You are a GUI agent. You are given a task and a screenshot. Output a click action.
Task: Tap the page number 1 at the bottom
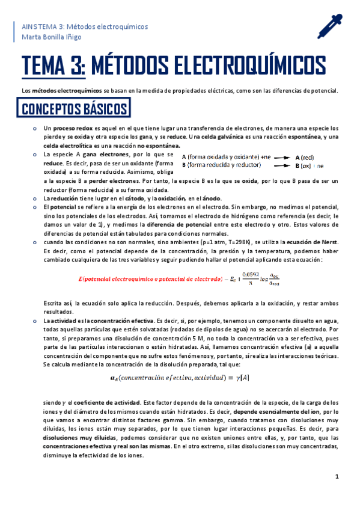(x=338, y=476)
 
